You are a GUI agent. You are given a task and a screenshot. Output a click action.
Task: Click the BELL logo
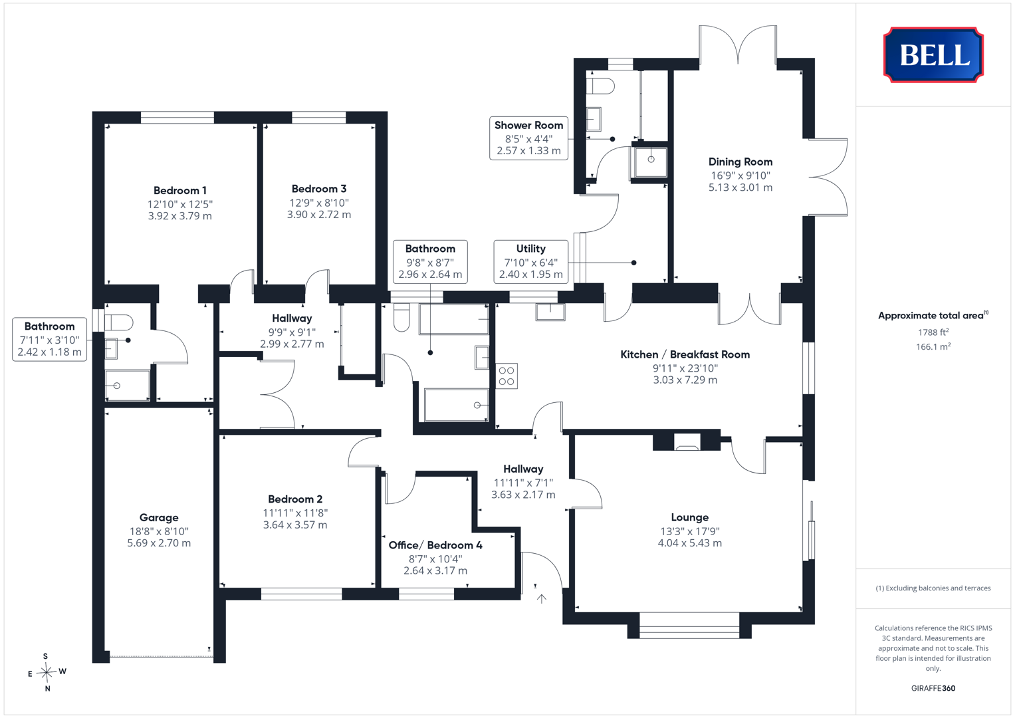coord(933,55)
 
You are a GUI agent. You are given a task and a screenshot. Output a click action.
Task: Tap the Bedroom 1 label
coord(180,190)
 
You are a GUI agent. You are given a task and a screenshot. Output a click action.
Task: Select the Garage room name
coord(159,518)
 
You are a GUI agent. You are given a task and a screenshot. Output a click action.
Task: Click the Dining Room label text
coord(740,162)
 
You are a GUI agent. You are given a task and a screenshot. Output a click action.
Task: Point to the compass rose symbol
coord(47,672)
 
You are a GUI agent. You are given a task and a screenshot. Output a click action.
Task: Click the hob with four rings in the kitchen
coord(506,376)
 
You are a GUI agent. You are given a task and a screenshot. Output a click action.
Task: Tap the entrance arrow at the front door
coord(542,599)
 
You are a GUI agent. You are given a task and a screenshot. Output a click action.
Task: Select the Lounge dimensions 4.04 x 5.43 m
coord(690,543)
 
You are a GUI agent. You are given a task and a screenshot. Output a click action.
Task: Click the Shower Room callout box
coord(528,138)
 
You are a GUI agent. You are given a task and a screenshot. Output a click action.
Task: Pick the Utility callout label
coord(530,261)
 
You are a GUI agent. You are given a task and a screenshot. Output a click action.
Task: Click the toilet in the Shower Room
coord(600,86)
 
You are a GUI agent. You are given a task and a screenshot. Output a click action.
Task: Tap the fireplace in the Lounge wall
coord(687,442)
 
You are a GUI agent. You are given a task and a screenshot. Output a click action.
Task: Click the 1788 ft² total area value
coord(933,332)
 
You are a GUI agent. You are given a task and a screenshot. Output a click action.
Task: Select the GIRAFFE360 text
coord(933,688)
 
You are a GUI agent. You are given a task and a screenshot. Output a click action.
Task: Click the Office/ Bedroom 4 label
coord(435,545)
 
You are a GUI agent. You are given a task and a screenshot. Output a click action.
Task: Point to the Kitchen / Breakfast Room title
coord(685,354)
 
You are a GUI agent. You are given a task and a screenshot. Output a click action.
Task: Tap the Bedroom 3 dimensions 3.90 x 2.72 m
coord(319,214)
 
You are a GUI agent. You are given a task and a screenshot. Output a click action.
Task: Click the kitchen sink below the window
coord(550,312)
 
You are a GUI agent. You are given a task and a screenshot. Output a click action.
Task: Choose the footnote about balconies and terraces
coord(933,588)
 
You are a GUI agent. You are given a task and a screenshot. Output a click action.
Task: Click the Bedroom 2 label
coord(295,499)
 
